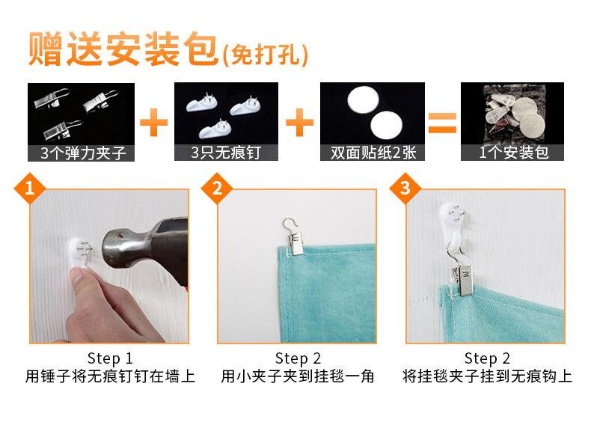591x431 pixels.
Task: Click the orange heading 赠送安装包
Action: point(123,49)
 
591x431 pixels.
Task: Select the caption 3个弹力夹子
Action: point(82,153)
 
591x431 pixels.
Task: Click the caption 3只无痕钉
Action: point(226,153)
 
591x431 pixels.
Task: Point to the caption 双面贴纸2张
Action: point(373,153)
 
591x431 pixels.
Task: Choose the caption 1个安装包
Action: point(513,153)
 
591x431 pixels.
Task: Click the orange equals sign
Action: point(442,123)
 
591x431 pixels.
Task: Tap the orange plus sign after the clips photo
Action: point(154,122)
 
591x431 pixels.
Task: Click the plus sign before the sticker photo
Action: point(300,122)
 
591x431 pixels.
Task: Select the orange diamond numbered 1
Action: point(30,188)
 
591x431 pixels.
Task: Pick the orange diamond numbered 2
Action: point(217,188)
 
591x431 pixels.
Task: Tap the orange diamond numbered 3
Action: point(405,188)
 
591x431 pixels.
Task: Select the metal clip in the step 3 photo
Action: point(462,277)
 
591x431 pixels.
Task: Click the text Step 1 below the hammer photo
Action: point(110,358)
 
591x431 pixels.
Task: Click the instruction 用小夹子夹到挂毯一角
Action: point(298,376)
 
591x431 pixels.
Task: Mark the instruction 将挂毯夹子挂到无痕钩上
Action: point(487,376)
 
